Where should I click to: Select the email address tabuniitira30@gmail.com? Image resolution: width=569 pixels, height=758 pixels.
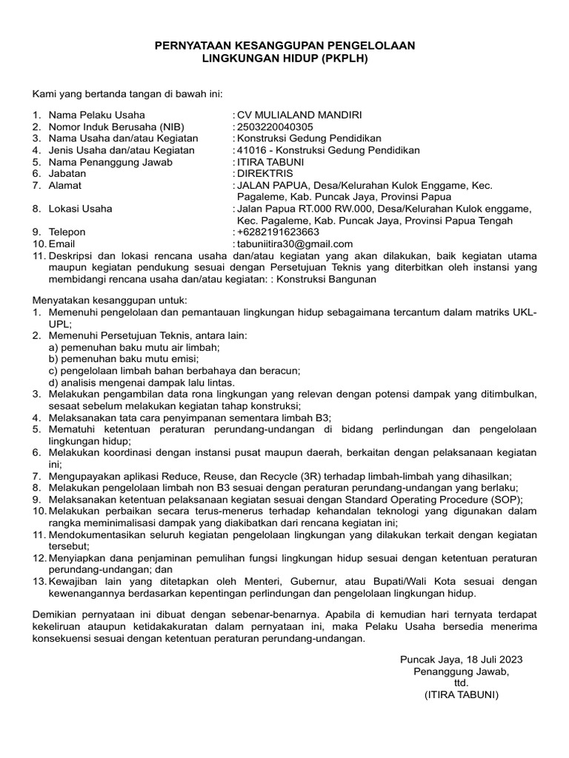295,244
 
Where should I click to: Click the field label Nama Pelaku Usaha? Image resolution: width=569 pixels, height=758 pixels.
96,115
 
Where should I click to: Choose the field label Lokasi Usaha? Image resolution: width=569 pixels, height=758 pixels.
81,209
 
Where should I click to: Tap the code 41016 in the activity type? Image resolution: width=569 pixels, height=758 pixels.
250,150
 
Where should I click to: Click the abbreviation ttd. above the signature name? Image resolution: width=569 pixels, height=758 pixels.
462,683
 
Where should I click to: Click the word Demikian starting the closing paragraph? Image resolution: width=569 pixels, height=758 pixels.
57,615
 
